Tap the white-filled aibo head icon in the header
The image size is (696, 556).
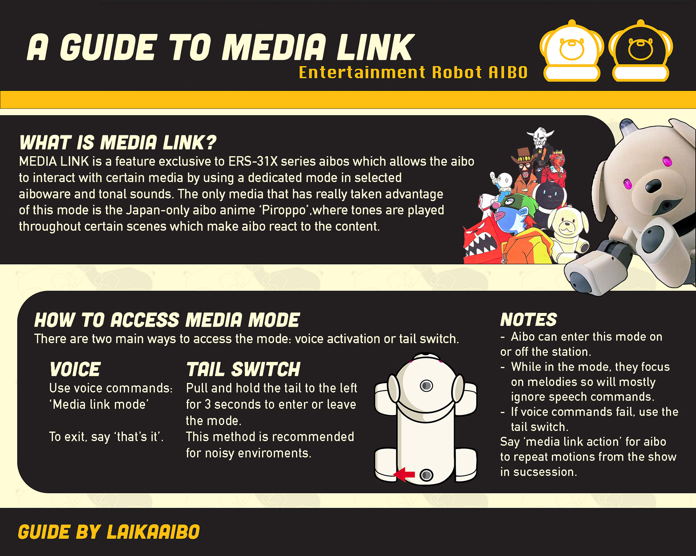tap(572, 51)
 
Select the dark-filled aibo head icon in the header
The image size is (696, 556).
tap(641, 51)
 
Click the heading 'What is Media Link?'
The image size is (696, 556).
tap(118, 142)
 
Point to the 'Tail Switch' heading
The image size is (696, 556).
tap(243, 369)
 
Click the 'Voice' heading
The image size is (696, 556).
tap(75, 369)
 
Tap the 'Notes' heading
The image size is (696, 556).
tap(529, 320)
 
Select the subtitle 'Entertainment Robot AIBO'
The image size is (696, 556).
tap(413, 73)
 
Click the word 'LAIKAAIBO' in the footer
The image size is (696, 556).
tap(153, 532)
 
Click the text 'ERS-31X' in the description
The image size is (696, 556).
tap(253, 161)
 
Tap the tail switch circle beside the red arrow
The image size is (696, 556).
tap(426, 475)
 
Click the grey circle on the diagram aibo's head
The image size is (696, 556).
tap(426, 385)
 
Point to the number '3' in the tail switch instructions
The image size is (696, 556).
tap(208, 404)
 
